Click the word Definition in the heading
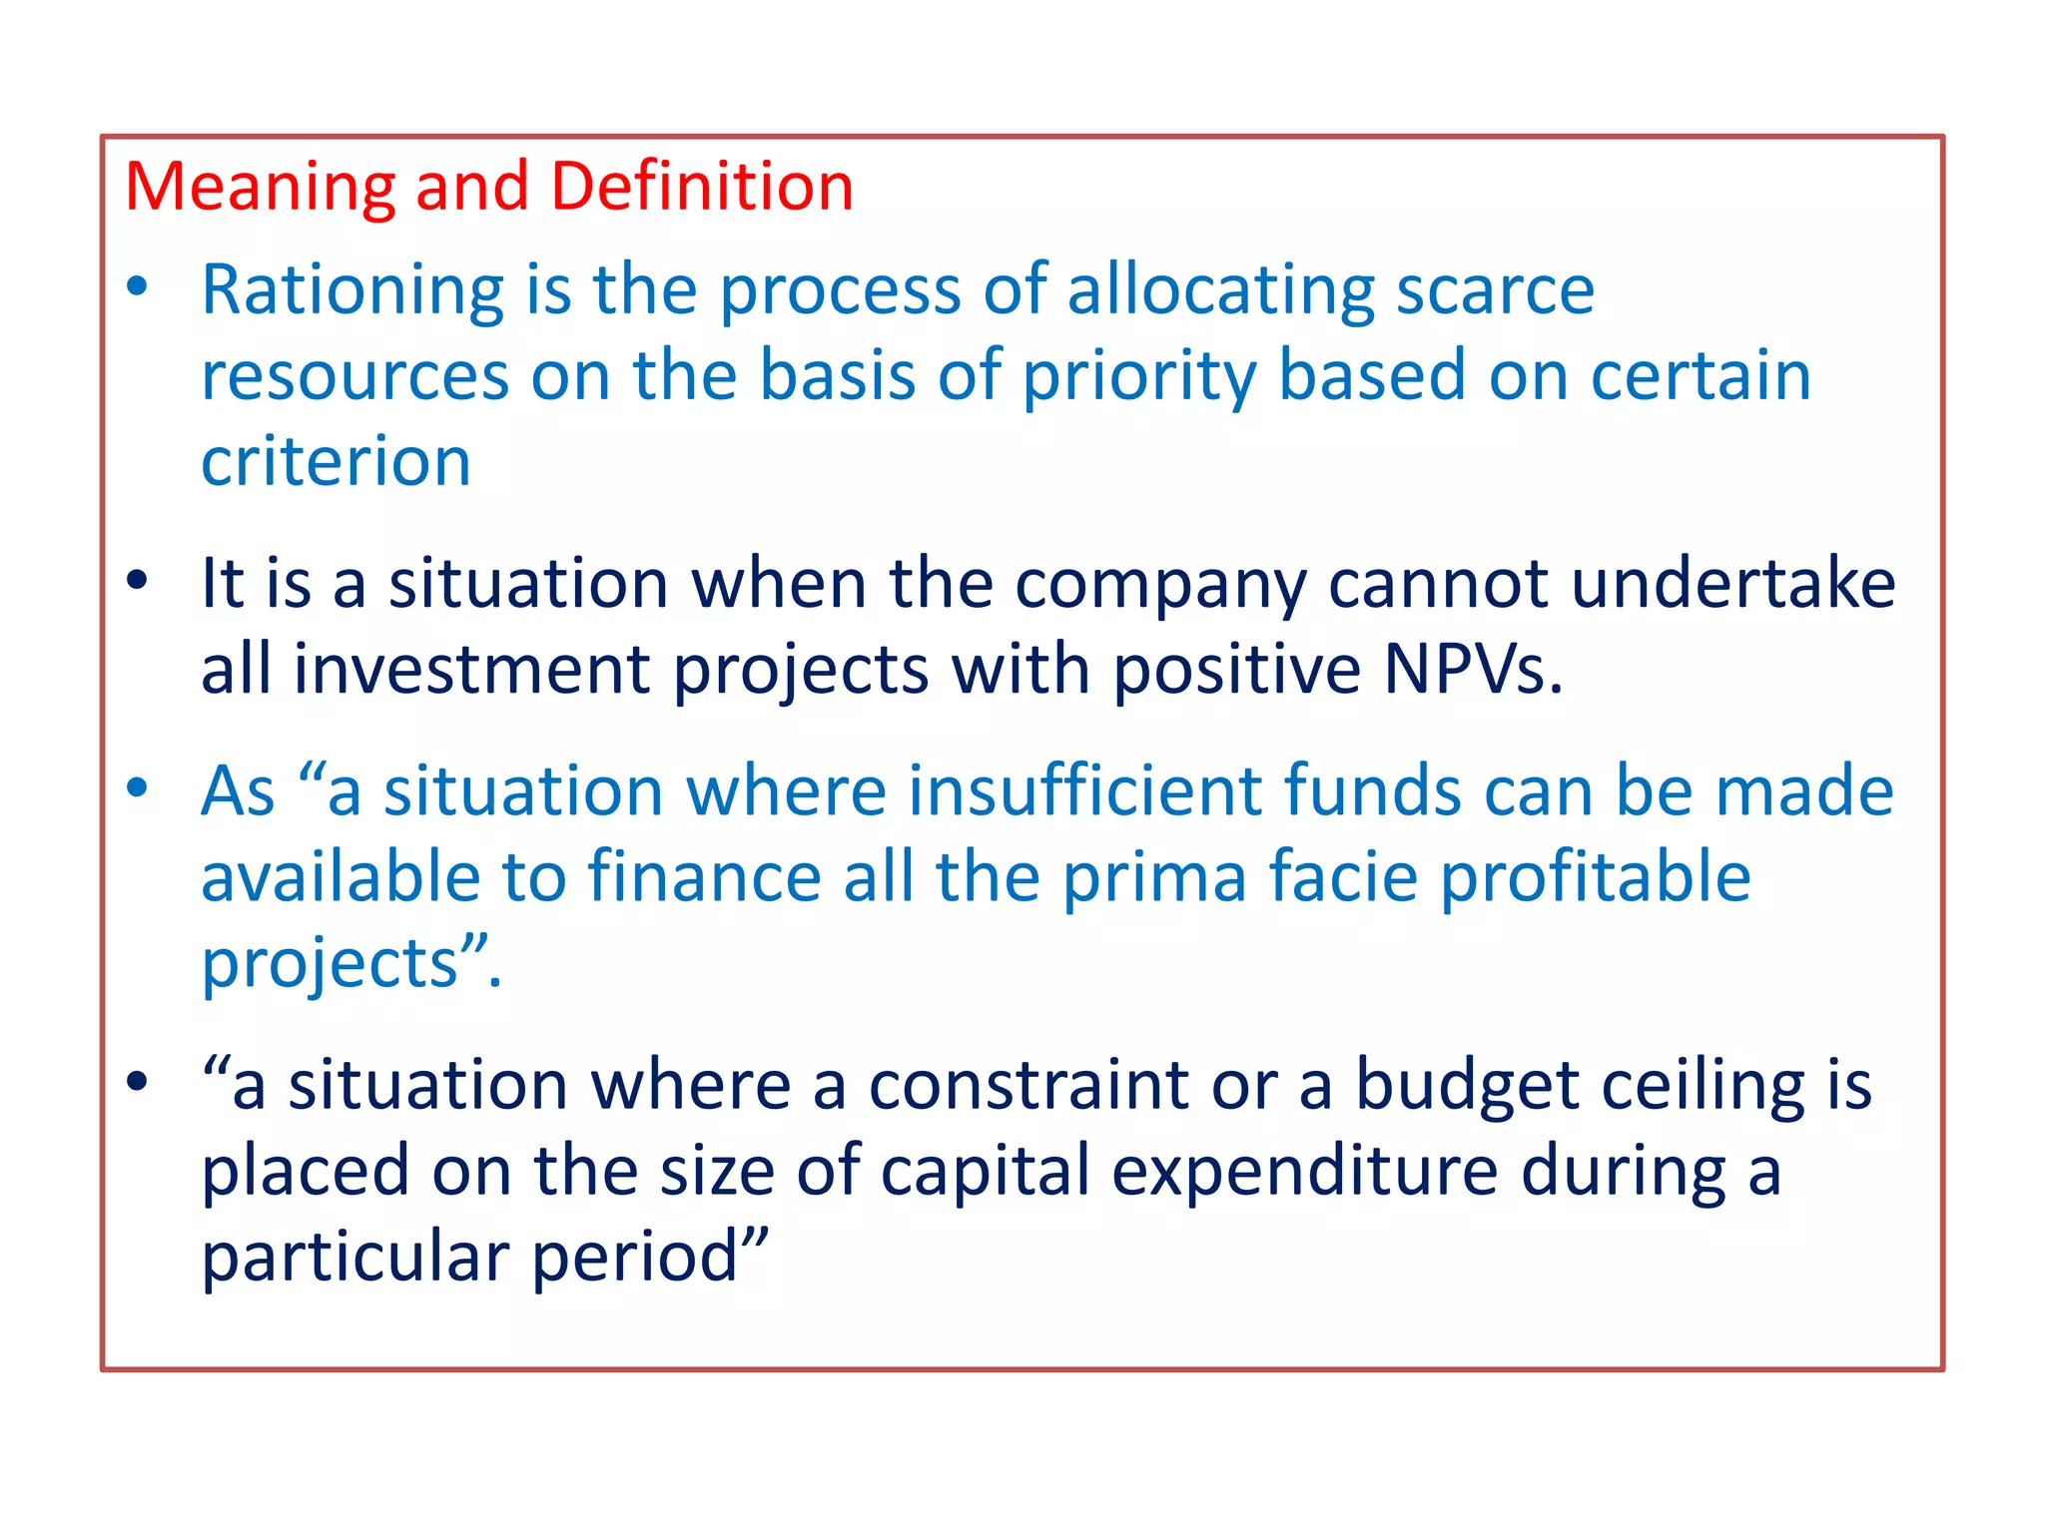tap(702, 187)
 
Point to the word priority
tap(1139, 376)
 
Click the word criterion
tap(336, 462)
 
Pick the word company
tap(1160, 584)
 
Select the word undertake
tap(1733, 584)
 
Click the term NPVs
tap(1472, 670)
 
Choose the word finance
tap(704, 877)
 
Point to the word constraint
tap(1028, 1085)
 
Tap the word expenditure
tap(1304, 1171)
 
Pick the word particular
tap(355, 1257)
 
